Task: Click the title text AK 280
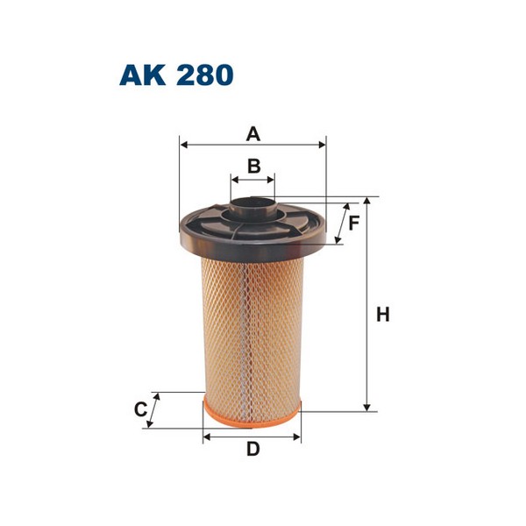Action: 176,75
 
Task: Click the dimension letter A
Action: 252,134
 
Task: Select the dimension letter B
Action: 252,166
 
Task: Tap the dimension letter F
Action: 354,223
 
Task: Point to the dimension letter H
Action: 382,314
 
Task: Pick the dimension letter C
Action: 139,409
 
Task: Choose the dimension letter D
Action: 252,450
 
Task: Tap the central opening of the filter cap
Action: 252,210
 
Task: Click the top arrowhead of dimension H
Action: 368,201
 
